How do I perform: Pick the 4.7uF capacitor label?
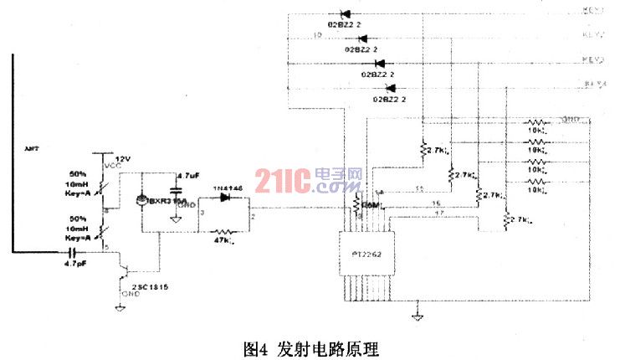(x=188, y=176)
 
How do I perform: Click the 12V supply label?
(x=123, y=158)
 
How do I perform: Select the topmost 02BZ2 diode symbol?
(x=346, y=14)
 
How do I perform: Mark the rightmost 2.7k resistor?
(x=507, y=218)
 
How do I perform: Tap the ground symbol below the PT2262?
(x=416, y=315)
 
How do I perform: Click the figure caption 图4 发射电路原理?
(x=309, y=346)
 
